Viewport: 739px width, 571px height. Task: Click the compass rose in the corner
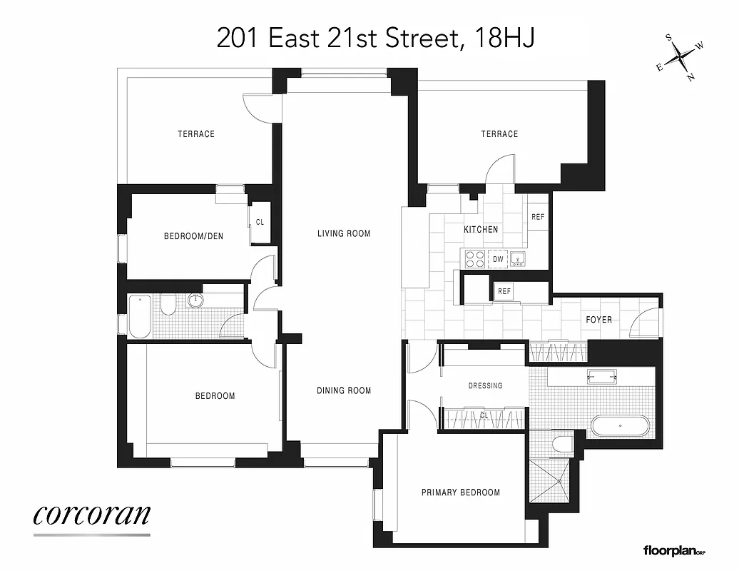coord(681,56)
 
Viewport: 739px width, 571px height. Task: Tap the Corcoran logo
coord(92,516)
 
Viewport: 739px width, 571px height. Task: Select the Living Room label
coord(344,233)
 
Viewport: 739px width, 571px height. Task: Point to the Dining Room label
coord(344,390)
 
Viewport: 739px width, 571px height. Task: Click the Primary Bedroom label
coord(460,492)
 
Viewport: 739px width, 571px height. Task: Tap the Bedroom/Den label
coord(193,236)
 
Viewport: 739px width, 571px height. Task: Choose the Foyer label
coord(598,320)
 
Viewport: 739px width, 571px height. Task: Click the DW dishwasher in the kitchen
coord(498,259)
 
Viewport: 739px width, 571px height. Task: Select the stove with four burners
coord(475,258)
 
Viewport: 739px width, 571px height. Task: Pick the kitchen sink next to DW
coord(519,258)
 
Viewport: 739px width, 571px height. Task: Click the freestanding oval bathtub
coord(620,426)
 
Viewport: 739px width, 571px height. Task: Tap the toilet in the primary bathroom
coord(563,445)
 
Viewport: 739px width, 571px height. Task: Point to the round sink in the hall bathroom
coord(195,300)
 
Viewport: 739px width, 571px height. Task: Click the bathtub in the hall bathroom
coord(140,316)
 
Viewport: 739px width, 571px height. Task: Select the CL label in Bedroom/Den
coord(260,222)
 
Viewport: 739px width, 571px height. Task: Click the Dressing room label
coord(485,386)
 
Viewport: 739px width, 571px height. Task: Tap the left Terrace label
coord(196,134)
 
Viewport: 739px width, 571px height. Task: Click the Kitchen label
coord(481,230)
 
